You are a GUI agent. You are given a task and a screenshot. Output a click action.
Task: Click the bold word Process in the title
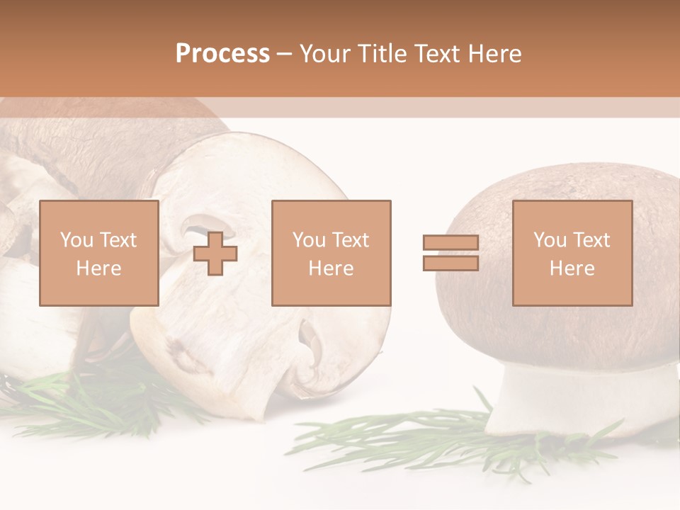pos(222,54)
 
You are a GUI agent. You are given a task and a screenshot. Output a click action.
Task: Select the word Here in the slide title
pos(494,54)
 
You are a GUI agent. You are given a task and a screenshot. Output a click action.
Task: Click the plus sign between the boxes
pos(215,253)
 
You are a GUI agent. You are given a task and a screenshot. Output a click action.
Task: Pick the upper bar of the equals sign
pos(450,243)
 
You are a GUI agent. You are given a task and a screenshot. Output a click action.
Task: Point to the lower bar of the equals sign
pos(450,263)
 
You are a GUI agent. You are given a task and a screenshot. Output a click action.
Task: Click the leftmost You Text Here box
pos(99,253)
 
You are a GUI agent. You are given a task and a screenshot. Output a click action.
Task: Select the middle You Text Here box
pos(331,253)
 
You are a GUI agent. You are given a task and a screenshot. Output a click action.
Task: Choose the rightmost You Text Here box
pos(572,253)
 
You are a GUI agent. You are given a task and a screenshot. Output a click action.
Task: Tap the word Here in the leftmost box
pos(98,268)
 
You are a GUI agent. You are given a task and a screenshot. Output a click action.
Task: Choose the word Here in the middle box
pos(331,268)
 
